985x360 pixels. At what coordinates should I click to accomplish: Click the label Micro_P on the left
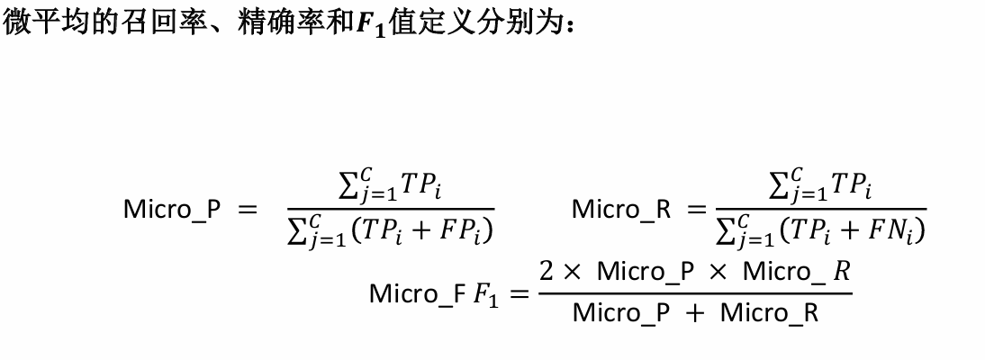click(171, 211)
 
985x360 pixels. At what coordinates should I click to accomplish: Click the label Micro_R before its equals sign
click(621, 211)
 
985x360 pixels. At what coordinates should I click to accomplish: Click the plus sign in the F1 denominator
click(691, 314)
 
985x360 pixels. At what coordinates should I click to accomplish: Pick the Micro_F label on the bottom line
click(417, 294)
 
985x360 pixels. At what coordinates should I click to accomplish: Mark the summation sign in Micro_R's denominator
click(726, 232)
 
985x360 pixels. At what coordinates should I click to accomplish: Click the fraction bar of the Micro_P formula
click(387, 209)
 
